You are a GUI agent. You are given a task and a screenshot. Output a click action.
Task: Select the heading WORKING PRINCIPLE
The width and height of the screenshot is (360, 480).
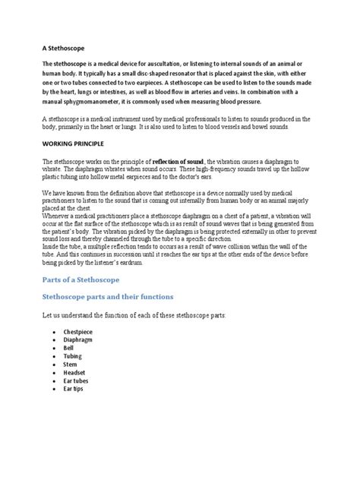pos(76,144)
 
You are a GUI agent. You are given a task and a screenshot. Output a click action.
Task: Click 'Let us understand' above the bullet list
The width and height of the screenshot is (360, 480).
pos(73,293)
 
